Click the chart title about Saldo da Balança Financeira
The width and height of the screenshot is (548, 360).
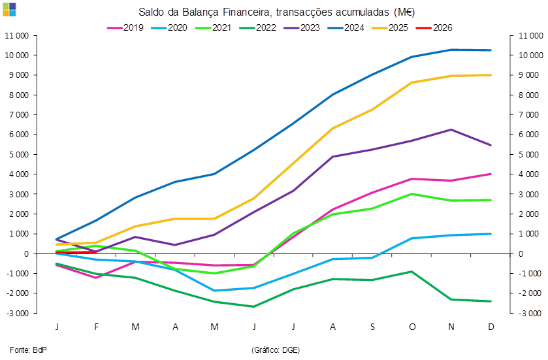[276, 12]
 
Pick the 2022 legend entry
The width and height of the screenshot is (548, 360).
[259, 28]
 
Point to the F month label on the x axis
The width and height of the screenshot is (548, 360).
[96, 326]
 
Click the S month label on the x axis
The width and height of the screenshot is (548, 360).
[372, 326]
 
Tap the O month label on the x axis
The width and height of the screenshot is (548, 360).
[411, 326]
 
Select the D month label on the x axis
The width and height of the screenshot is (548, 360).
[491, 326]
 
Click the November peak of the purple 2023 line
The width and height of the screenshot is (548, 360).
[451, 129]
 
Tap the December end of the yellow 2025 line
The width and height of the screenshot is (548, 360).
[491, 74]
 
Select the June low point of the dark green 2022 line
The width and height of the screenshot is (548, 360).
[253, 306]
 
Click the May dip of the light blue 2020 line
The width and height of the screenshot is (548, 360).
[214, 290]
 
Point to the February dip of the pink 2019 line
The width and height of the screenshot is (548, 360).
[96, 278]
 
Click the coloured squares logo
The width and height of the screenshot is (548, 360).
[9, 8]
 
